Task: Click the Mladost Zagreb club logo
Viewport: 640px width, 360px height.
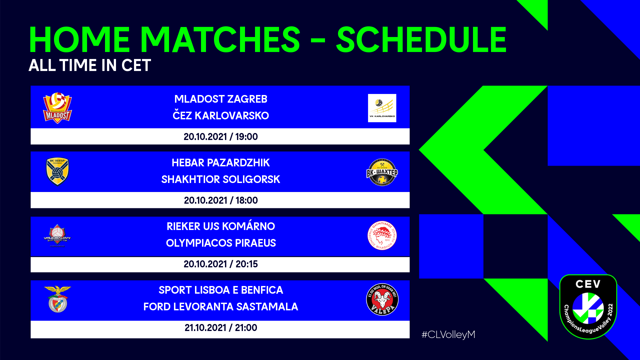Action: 57,108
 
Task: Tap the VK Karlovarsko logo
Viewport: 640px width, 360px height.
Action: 382,108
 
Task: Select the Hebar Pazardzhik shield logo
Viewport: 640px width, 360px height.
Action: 57,171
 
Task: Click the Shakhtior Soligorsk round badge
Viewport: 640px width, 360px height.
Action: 382,172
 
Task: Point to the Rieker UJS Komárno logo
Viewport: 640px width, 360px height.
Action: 57,236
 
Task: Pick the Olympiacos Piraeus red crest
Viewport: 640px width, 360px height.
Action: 382,236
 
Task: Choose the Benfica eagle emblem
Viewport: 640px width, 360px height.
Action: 57,299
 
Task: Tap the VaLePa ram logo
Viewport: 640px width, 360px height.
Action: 382,299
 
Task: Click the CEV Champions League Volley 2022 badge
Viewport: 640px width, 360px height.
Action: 588,307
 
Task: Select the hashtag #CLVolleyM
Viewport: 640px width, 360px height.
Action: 448,334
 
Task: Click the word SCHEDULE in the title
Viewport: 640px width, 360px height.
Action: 421,40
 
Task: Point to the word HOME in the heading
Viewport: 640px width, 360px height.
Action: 79,40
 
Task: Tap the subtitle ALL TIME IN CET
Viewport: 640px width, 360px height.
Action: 90,65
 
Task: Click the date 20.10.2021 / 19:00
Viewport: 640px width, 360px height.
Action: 220,137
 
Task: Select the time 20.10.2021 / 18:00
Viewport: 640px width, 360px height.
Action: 220,200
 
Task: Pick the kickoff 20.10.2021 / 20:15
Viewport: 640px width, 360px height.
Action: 220,264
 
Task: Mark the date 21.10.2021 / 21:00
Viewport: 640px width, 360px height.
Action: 220,328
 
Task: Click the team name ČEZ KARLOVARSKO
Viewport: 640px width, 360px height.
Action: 220,116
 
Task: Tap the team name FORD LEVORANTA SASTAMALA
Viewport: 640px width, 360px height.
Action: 220,307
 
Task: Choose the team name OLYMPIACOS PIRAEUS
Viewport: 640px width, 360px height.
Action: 220,243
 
